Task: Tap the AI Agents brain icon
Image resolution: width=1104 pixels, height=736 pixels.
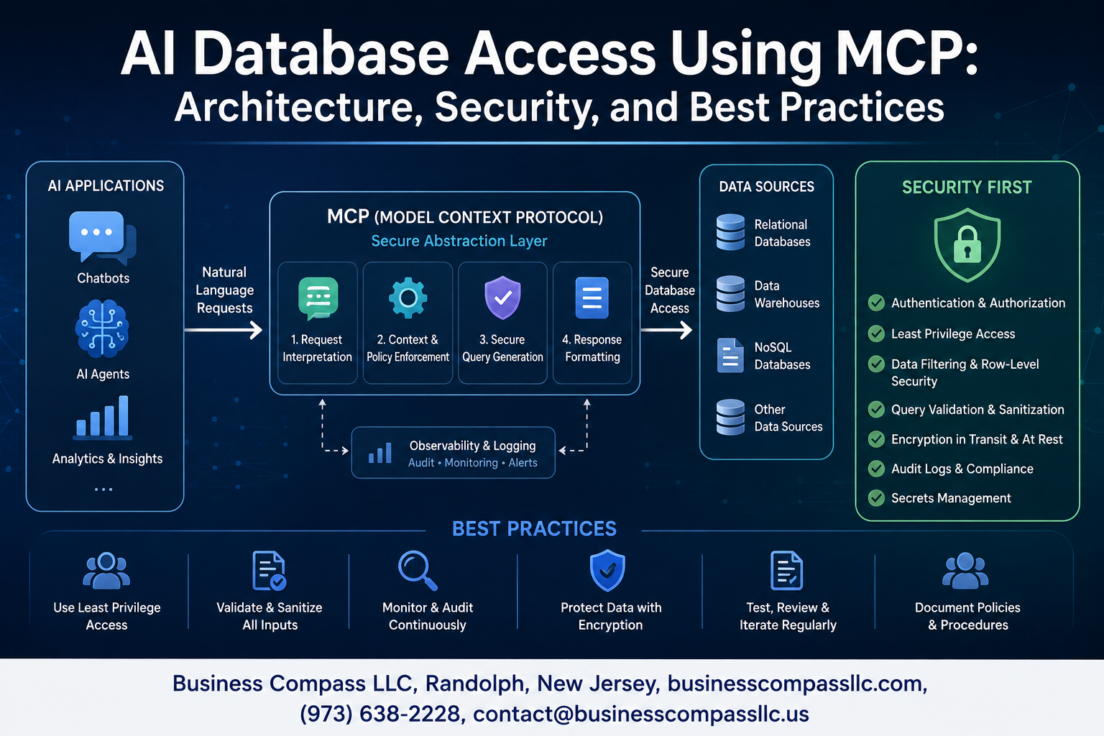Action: [102, 328]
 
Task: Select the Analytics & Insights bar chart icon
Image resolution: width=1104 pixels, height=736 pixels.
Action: [103, 417]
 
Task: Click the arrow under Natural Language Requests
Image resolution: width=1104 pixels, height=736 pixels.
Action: [224, 330]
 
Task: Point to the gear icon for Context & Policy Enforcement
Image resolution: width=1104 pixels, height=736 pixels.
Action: [408, 298]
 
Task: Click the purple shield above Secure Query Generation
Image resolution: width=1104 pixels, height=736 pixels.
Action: [502, 298]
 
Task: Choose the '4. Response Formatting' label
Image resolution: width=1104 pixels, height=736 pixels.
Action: [592, 348]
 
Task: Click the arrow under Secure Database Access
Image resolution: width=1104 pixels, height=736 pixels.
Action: [666, 330]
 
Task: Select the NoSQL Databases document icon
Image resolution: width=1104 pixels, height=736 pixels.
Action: [730, 355]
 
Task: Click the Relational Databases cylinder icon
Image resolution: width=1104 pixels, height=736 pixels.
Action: [730, 231]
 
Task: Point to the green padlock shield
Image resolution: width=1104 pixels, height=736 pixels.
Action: [967, 244]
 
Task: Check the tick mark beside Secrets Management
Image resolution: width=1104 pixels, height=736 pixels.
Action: [876, 498]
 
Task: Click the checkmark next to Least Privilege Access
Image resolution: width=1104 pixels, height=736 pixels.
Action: [876, 333]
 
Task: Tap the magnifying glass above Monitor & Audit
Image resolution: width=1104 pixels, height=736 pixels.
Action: [418, 571]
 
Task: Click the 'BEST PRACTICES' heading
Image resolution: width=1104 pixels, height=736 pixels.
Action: [534, 529]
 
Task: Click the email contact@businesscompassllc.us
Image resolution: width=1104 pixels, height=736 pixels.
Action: [641, 714]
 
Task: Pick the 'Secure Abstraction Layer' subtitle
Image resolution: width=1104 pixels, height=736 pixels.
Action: [459, 241]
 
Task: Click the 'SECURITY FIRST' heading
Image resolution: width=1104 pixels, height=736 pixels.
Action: [967, 188]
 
